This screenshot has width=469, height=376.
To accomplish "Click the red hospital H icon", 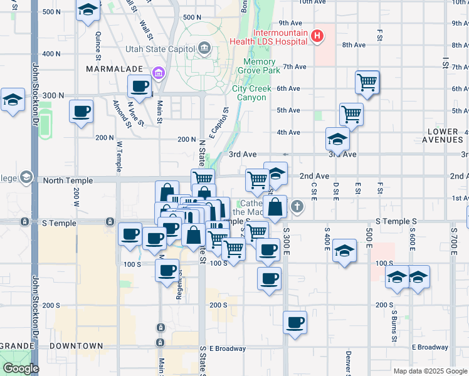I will coord(317,36).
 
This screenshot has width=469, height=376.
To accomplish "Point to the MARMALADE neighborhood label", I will coord(115,68).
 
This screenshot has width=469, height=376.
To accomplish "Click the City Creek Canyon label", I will coord(251,93).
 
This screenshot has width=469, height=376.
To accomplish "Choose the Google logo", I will coord(20,368).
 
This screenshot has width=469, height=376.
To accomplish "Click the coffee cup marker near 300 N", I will coord(139,86).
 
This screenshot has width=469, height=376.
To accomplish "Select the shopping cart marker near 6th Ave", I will coord(367,81).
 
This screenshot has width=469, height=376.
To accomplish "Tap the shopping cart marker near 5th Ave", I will coord(351,114).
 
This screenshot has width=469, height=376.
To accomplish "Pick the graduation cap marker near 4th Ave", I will coord(337,139).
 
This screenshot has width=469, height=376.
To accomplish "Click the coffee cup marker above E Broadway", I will coord(295,322).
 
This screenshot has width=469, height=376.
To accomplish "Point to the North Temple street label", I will coord(67,180).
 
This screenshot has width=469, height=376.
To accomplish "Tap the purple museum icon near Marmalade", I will coord(158,74).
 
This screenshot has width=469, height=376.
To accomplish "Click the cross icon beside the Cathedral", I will coord(297,205).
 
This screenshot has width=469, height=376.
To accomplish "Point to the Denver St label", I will coord(348,361).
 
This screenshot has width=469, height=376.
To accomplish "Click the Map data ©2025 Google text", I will coord(429,371).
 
